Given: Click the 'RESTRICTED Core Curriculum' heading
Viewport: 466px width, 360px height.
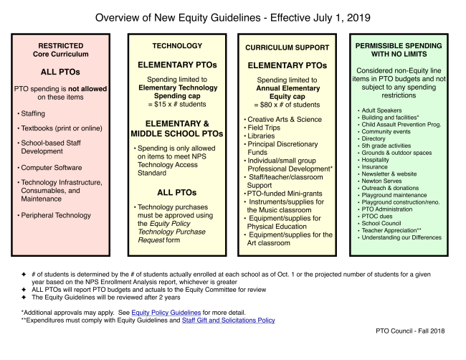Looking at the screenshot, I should pos(58,48).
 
